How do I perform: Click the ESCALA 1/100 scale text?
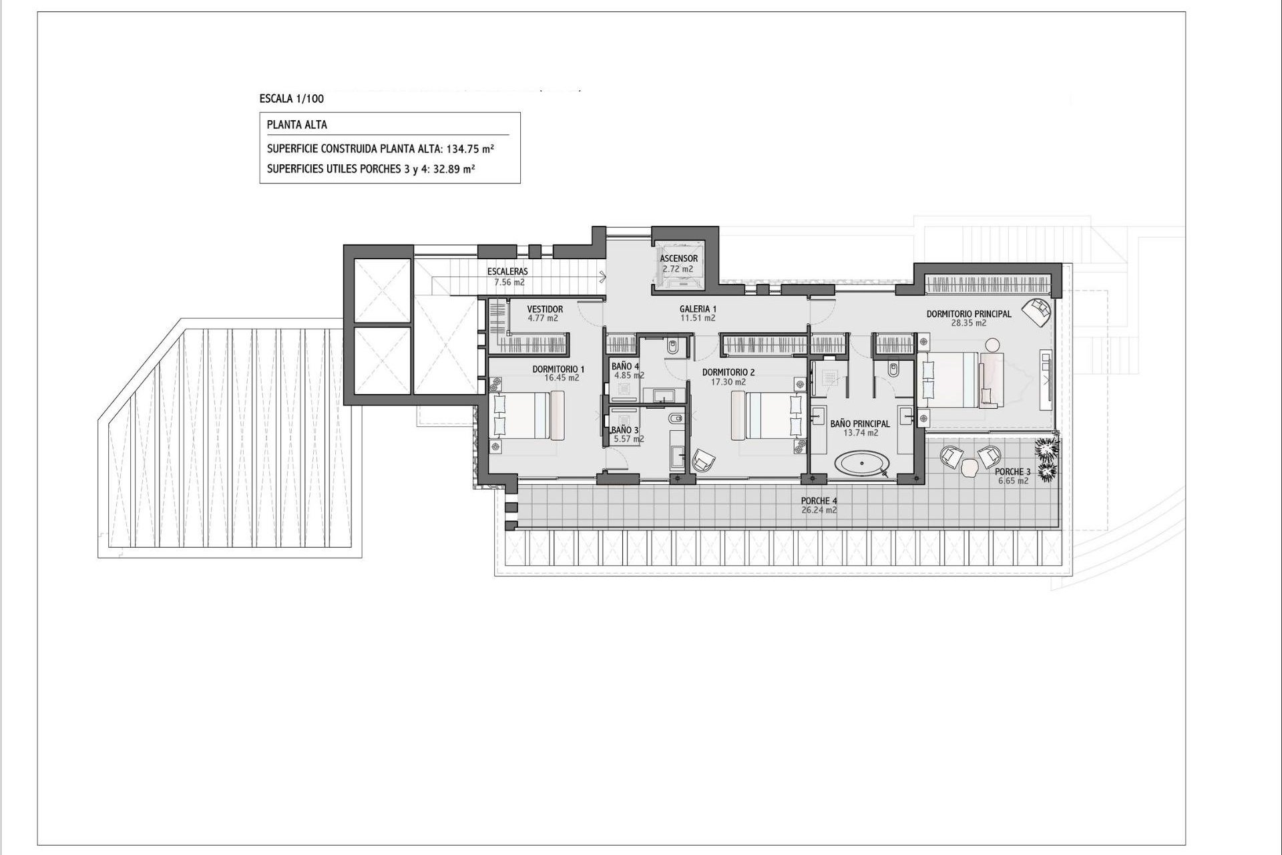pos(292,99)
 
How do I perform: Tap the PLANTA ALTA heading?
pos(296,125)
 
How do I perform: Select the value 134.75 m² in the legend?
pos(470,149)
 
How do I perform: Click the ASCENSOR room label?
pos(678,259)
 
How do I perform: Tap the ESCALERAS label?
pos(507,272)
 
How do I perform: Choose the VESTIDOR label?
pos(545,309)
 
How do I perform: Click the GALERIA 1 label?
pos(698,309)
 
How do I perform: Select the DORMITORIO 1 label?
pos(558,369)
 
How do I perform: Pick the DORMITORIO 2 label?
pos(728,373)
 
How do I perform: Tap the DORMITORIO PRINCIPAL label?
pos(968,314)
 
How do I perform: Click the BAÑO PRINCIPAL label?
pos(860,423)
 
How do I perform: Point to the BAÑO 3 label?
pos(625,430)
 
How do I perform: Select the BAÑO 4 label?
pos(625,366)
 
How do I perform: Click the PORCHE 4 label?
pos(819,501)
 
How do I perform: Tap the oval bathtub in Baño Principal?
pos(864,463)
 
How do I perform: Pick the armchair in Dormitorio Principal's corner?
pos(1038,311)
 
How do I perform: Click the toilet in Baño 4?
pos(672,347)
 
